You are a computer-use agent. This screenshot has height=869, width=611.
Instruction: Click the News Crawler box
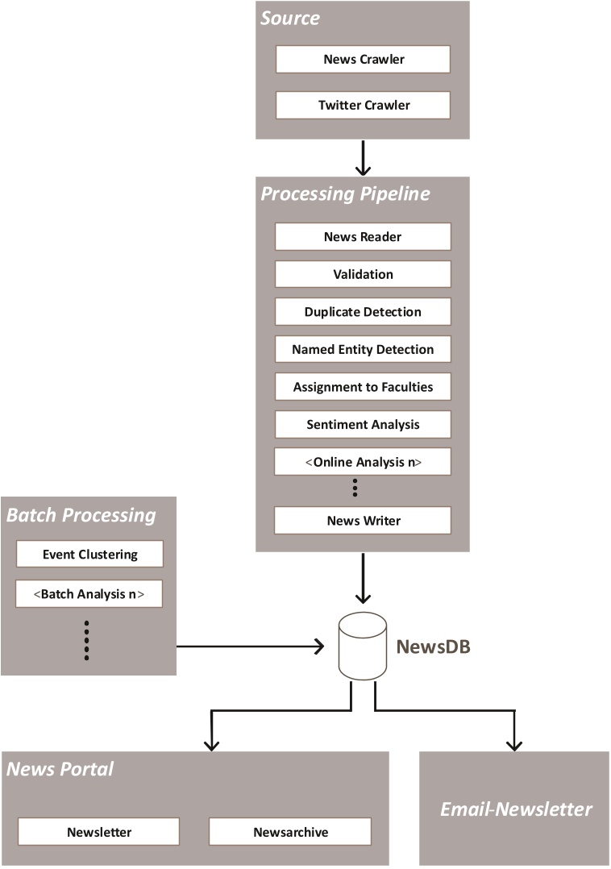click(363, 60)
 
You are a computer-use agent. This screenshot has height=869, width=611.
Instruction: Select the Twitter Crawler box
click(363, 106)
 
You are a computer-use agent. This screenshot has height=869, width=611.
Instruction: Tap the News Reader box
click(363, 237)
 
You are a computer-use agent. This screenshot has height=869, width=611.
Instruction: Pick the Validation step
click(363, 274)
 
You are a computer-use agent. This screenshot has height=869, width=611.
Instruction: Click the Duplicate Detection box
click(363, 312)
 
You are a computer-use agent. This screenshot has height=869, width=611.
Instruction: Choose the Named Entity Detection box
click(363, 349)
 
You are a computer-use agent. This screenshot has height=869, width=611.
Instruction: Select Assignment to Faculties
click(363, 387)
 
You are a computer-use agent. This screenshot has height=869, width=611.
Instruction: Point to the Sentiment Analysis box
click(363, 425)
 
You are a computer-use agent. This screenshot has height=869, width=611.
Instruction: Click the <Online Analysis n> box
click(363, 462)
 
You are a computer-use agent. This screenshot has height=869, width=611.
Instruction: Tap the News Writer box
click(363, 521)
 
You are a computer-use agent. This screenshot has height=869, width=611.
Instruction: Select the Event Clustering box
click(89, 555)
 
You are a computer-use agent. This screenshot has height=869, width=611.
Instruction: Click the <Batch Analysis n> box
click(89, 594)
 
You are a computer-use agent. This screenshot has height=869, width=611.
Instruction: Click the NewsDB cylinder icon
click(362, 647)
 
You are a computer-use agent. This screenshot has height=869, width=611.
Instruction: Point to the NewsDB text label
click(433, 647)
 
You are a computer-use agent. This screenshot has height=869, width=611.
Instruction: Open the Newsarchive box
click(290, 832)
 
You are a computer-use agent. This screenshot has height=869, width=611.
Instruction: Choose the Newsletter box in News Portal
click(98, 832)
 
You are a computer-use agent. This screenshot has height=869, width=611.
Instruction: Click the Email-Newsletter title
click(516, 809)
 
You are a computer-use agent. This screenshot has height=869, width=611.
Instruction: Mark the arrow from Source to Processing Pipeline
click(363, 158)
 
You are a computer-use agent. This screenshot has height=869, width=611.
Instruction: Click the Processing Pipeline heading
click(345, 194)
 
